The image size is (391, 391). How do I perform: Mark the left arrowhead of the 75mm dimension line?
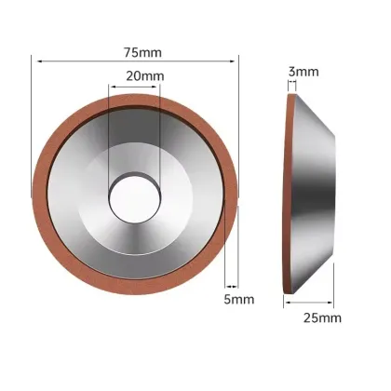[x=34, y=61]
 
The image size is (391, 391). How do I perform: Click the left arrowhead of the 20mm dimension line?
[x=112, y=88]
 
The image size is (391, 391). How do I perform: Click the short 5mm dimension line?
[x=231, y=286]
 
